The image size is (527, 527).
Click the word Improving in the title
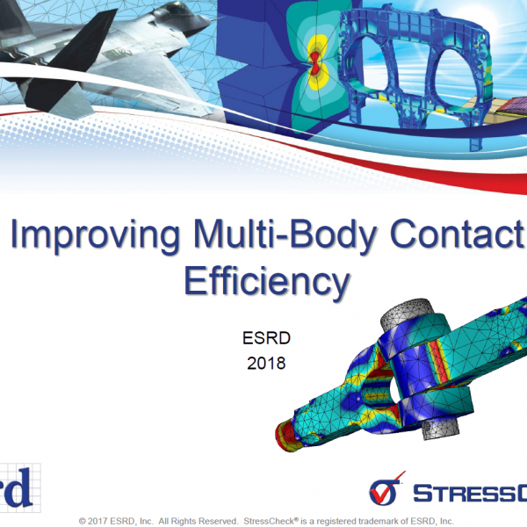[x=95, y=235]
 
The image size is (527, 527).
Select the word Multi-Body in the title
[x=285, y=234]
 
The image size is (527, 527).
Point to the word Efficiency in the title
[x=267, y=281]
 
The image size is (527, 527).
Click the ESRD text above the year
[x=266, y=338]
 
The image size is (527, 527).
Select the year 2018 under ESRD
[x=266, y=364]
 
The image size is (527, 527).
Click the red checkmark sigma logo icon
[x=386, y=489]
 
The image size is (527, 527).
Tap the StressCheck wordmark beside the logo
[x=470, y=494]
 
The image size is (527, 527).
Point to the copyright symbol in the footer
[x=82, y=521]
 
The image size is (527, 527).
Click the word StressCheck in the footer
[x=269, y=521]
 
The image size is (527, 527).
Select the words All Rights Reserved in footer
[x=199, y=521]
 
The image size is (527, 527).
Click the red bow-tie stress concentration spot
[x=315, y=63]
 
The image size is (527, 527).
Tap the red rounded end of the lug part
[x=285, y=437]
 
